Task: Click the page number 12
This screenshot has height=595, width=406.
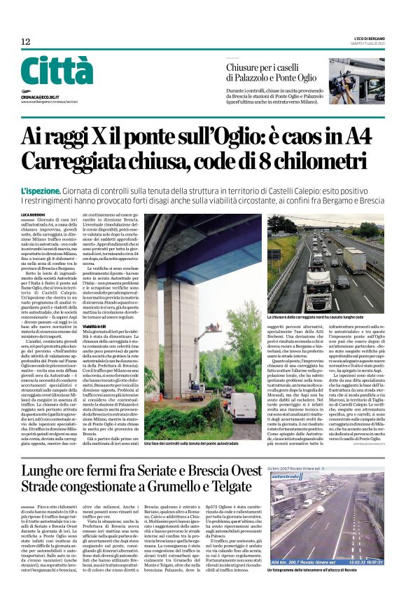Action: pos(26,42)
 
